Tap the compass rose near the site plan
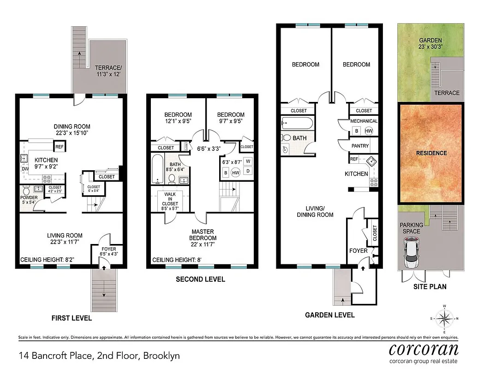coord(445,319)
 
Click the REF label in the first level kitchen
coord(59,147)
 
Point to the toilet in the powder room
coord(26,190)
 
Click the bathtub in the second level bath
coord(157,169)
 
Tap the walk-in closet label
coord(170,200)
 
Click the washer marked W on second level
coord(248,161)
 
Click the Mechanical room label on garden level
coord(364,121)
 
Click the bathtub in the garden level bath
coord(298,123)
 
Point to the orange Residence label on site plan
coord(431,153)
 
